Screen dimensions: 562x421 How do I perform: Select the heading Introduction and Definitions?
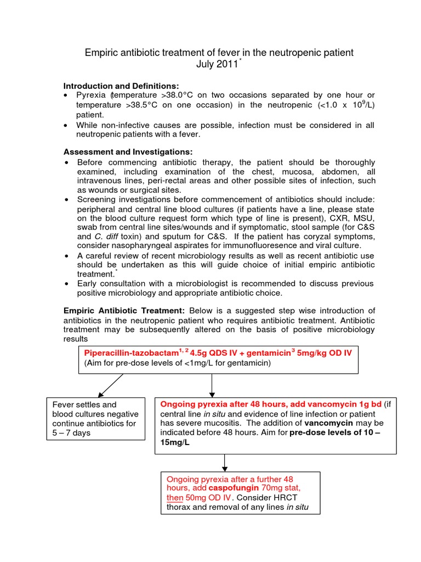coord(121,86)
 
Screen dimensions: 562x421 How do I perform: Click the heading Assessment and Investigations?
coord(128,151)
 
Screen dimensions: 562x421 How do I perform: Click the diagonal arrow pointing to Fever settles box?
coord(111,385)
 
